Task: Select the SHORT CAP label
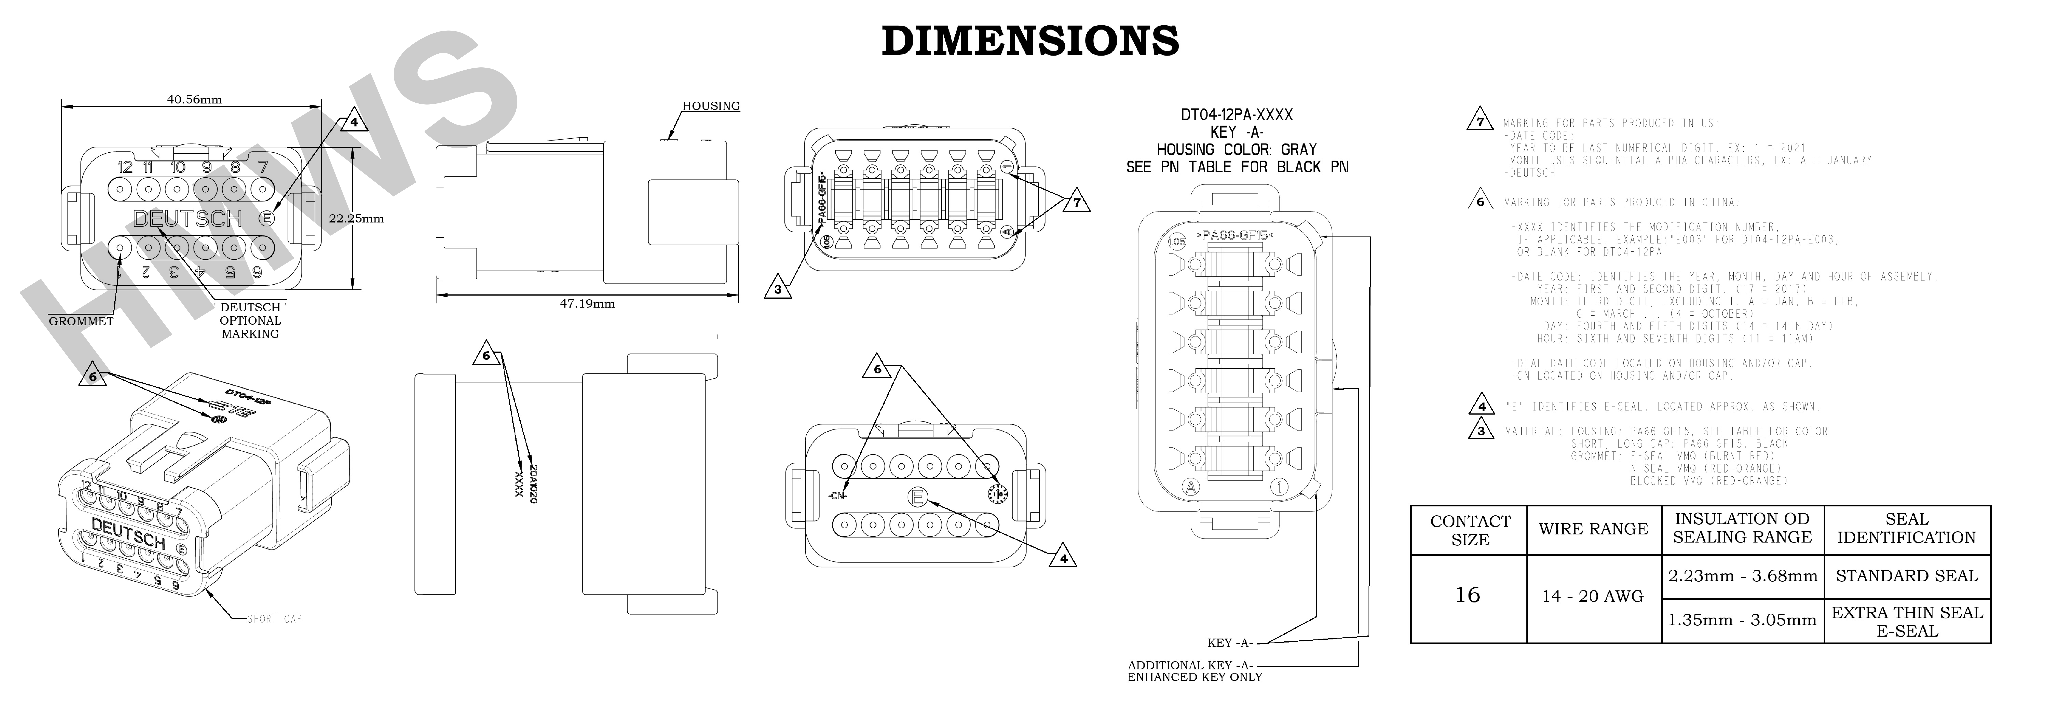[x=274, y=619]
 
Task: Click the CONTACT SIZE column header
[x=1470, y=530]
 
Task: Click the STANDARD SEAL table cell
[x=1906, y=576]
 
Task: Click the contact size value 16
[x=1467, y=595]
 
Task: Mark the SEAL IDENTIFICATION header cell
[x=1906, y=529]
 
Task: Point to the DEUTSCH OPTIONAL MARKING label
[x=250, y=320]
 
